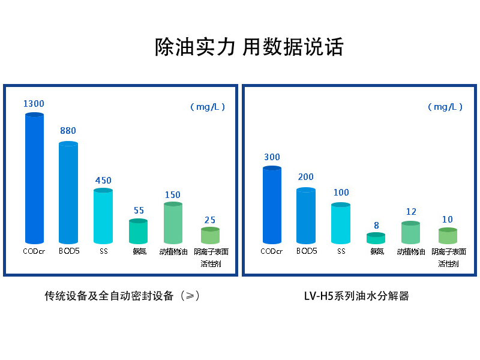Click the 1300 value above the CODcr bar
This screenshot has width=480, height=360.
pyautogui.click(x=34, y=104)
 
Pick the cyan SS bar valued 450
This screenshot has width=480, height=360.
pyautogui.click(x=103, y=216)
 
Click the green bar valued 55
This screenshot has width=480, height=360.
pyautogui.click(x=139, y=232)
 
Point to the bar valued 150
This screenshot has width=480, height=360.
pyautogui.click(x=173, y=223)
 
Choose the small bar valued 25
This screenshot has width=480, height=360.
pyautogui.click(x=210, y=236)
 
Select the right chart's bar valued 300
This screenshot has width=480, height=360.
pyautogui.click(x=272, y=205)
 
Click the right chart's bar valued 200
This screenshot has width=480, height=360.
pyautogui.click(x=306, y=216)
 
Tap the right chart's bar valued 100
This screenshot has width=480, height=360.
pyautogui.click(x=341, y=224)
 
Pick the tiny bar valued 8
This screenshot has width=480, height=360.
pyautogui.click(x=376, y=238)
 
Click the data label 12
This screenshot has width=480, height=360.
pyautogui.click(x=411, y=212)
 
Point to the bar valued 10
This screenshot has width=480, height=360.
pyautogui.click(x=448, y=236)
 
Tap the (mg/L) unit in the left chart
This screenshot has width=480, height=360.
pyautogui.click(x=208, y=107)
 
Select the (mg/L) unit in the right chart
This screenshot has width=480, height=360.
pyautogui.click(x=445, y=107)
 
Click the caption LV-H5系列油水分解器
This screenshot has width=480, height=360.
pyautogui.click(x=356, y=296)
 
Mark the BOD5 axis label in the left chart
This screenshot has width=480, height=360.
pyautogui.click(x=69, y=251)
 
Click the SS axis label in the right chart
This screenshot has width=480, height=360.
pyautogui.click(x=341, y=251)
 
